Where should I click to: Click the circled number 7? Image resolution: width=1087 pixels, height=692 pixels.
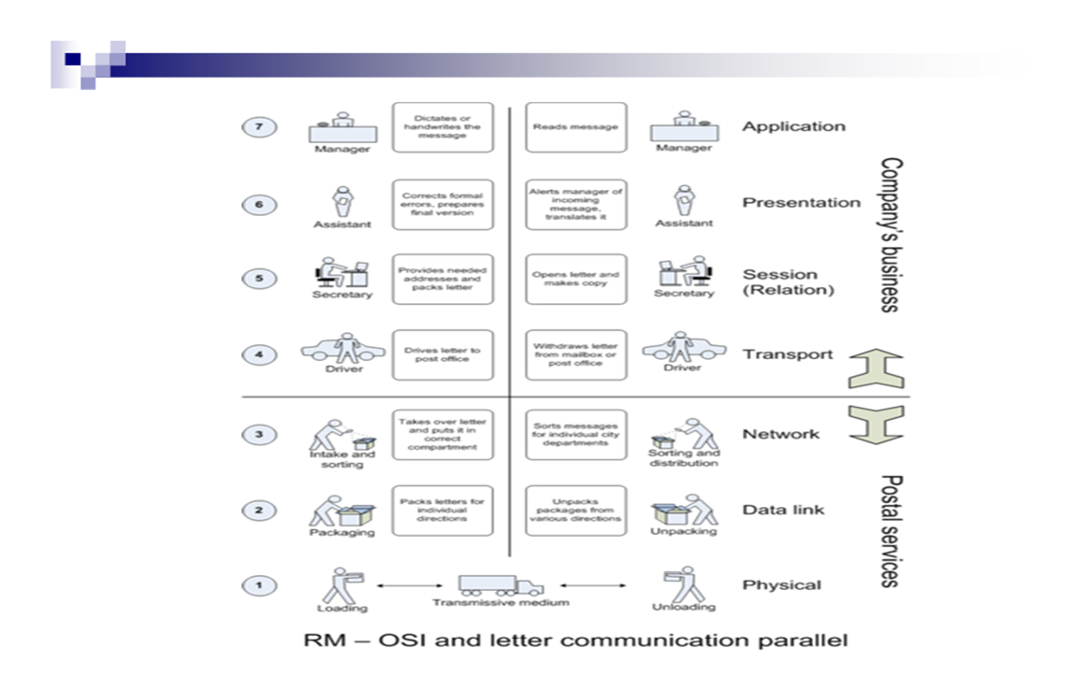click(x=258, y=127)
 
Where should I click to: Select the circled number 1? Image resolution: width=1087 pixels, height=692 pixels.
click(x=258, y=585)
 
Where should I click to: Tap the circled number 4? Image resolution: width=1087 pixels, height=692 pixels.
click(x=258, y=356)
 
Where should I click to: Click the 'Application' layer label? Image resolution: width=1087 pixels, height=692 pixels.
click(x=793, y=126)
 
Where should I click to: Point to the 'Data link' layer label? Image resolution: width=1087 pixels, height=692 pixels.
click(x=783, y=510)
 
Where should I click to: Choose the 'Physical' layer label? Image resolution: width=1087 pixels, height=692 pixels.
click(x=781, y=585)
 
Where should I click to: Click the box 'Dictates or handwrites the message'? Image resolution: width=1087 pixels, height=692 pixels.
click(x=442, y=127)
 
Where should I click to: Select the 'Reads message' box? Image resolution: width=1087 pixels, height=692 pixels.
click(x=575, y=127)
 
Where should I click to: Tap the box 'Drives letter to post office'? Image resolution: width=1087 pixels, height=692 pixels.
click(x=442, y=355)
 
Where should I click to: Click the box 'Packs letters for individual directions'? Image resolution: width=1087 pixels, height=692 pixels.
click(x=442, y=511)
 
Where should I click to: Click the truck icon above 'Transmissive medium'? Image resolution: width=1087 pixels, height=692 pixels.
click(x=500, y=585)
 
